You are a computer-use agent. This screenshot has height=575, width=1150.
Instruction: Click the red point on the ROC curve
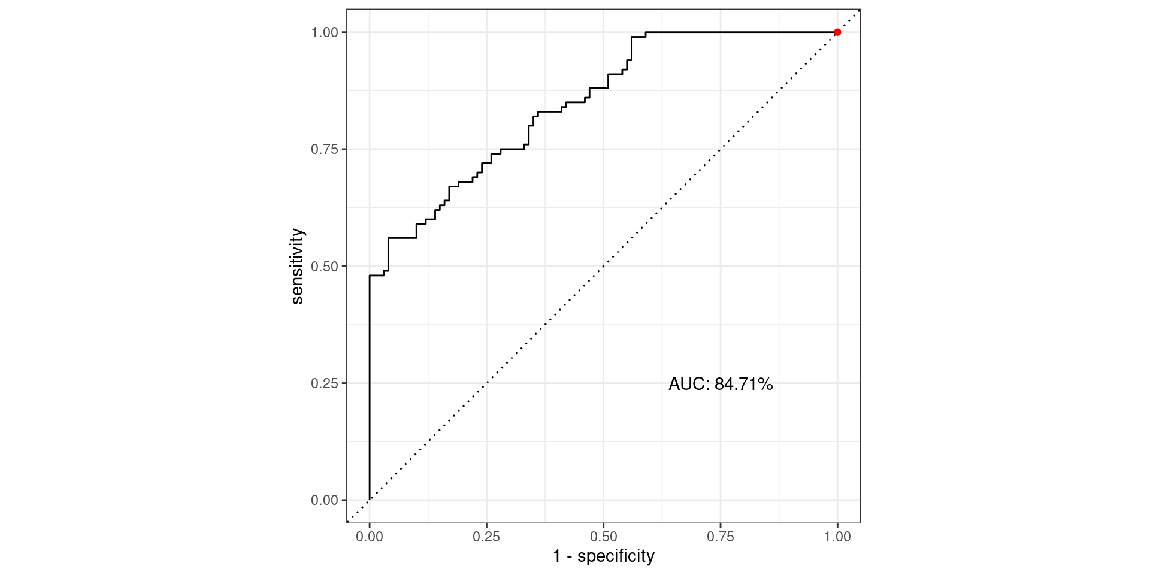(x=837, y=32)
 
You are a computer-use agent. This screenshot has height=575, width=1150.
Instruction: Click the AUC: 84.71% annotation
(x=721, y=385)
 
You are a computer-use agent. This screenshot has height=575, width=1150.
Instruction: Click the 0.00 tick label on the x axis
(x=370, y=537)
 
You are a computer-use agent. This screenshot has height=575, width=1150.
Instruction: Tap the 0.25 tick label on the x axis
(x=486, y=537)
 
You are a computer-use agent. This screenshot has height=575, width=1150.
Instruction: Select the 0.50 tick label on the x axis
(x=603, y=537)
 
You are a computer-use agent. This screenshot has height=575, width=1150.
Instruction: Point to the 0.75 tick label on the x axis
(x=721, y=537)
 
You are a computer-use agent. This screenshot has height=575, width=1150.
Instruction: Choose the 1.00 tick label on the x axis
(x=837, y=537)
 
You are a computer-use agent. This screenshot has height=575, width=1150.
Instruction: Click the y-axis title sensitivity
(x=298, y=266)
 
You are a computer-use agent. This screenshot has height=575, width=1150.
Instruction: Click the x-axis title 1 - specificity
(x=603, y=556)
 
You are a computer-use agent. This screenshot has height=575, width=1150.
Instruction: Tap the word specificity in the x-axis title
(x=616, y=556)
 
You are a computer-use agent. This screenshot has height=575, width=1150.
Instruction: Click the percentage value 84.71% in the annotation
(x=744, y=385)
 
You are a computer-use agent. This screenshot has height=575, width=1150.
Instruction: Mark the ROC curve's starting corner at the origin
(x=370, y=500)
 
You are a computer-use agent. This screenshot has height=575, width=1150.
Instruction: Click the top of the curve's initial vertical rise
(x=370, y=276)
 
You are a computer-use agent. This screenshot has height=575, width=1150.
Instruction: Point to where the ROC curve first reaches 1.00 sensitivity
(x=646, y=32)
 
